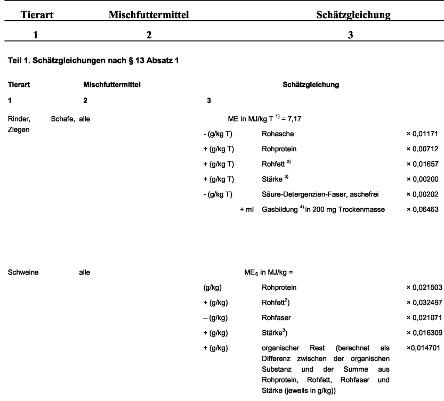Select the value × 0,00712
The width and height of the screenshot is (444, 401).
click(422, 150)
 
